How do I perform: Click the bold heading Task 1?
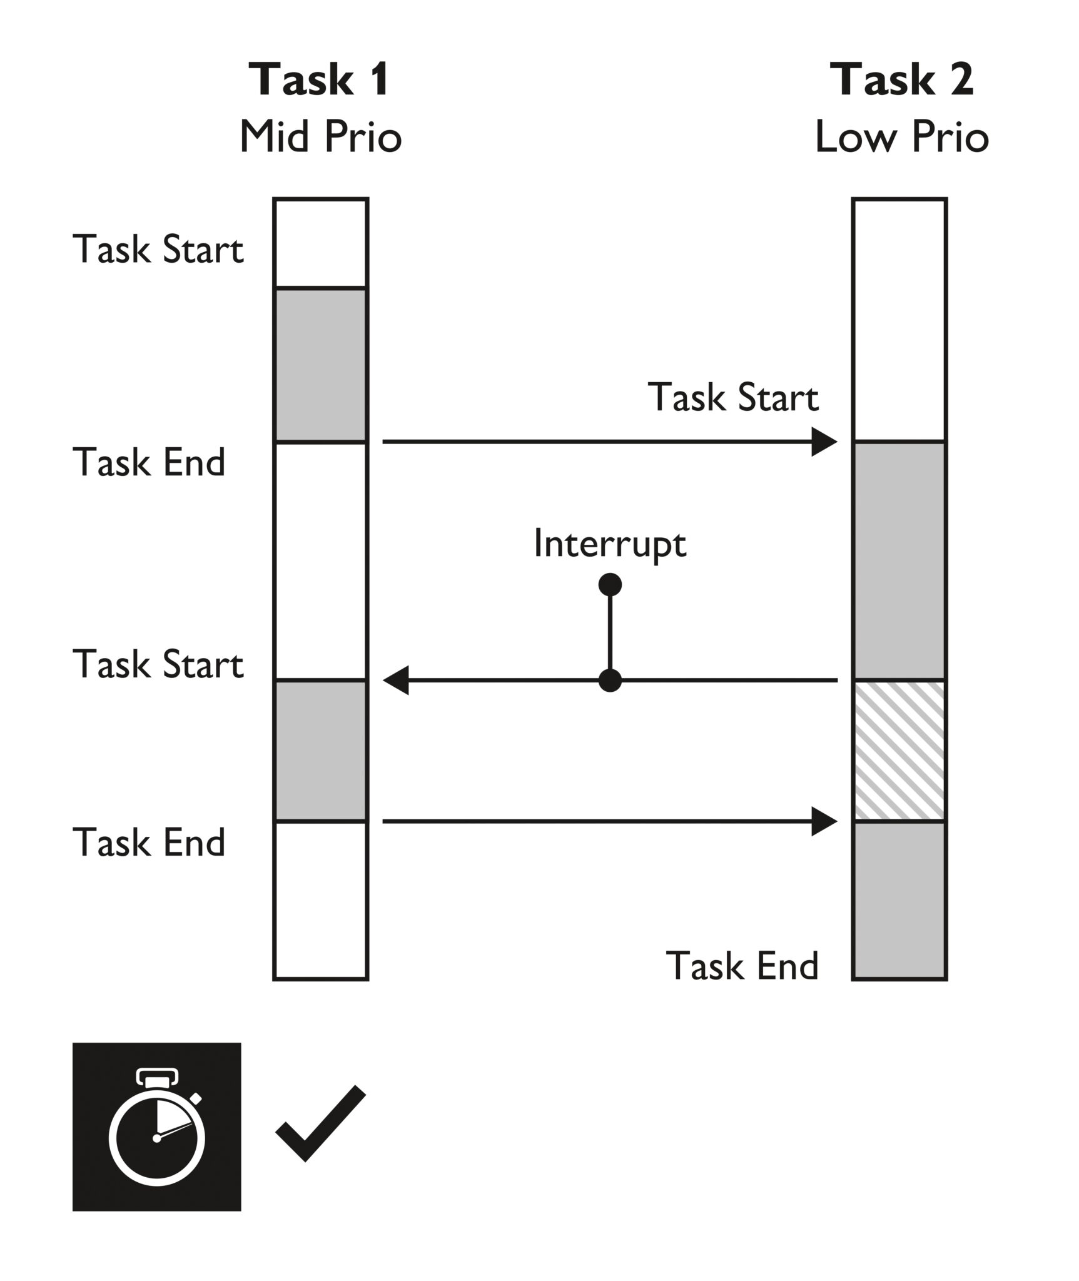[320, 79]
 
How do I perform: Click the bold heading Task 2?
[901, 79]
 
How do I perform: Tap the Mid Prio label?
[320, 137]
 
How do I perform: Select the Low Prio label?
[901, 137]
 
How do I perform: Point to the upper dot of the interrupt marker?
[610, 585]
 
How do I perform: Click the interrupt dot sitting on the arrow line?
[610, 681]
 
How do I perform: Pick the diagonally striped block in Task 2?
[899, 751]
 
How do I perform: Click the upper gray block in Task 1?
[320, 365]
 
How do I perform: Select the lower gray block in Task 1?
[320, 751]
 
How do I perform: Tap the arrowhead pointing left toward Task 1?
[397, 681]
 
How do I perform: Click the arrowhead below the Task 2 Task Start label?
[823, 442]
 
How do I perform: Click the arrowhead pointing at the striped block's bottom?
[823, 821]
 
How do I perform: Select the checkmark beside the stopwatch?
[320, 1123]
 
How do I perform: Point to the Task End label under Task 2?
[742, 965]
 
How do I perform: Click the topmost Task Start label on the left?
[158, 249]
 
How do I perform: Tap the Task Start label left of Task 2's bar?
[733, 397]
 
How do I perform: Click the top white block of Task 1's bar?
[320, 243]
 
